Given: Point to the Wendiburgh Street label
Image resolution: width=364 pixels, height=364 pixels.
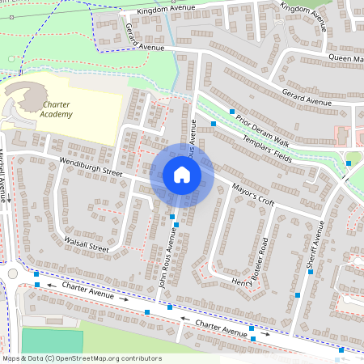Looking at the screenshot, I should coord(90,167).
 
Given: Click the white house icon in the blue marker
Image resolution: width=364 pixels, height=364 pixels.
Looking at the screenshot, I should coord(182,175).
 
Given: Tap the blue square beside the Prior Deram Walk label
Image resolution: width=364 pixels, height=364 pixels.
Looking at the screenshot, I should coord(232,111).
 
